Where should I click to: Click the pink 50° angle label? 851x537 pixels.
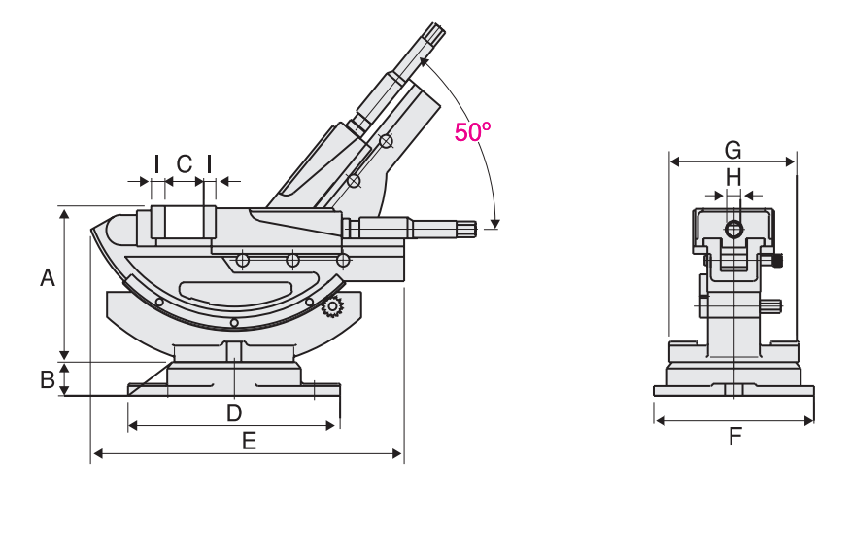[473, 132]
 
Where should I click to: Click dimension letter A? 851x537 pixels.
[47, 278]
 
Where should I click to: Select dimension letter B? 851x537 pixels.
[47, 380]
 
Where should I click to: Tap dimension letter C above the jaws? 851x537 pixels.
[184, 162]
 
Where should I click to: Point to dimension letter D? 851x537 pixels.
[233, 412]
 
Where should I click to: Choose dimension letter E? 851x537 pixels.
[249, 441]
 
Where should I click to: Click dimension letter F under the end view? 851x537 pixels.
[734, 436]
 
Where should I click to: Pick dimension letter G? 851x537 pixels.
[733, 150]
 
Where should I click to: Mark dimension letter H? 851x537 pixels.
[733, 177]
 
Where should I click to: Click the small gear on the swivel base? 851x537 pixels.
[332, 307]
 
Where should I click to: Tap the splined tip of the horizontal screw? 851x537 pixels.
[467, 229]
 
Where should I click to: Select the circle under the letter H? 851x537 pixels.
[733, 230]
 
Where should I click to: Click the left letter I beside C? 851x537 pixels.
[156, 162]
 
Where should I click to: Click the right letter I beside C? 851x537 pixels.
[209, 162]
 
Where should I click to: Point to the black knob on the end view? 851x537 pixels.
[778, 260]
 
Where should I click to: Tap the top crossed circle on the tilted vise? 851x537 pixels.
[386, 142]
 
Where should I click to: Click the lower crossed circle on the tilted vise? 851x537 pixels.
[354, 181]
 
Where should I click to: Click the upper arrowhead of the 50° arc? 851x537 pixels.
[424, 61]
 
